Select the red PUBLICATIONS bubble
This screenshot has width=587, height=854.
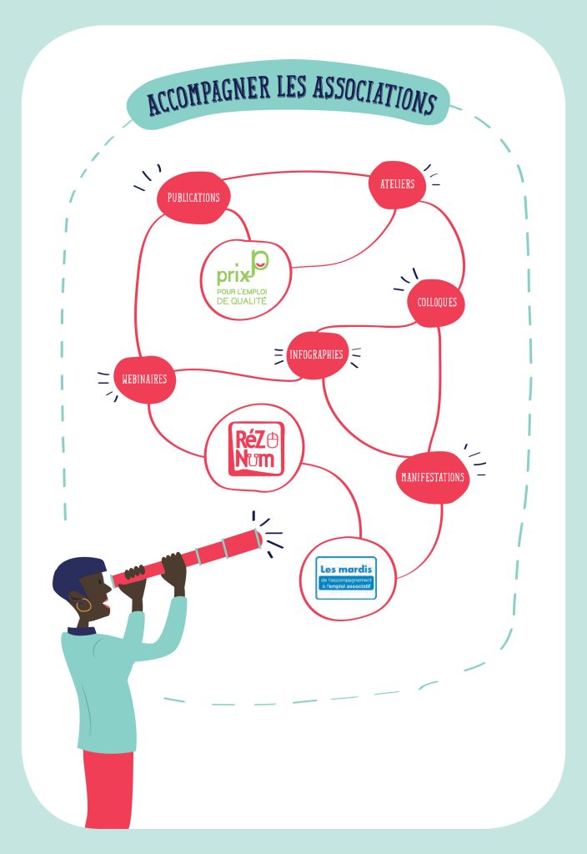(193, 198)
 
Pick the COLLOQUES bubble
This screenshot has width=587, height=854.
(437, 302)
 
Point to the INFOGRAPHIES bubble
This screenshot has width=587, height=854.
(316, 354)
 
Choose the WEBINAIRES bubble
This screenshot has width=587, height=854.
(144, 379)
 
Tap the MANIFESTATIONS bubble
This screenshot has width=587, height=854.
(432, 478)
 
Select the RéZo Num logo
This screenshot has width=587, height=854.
(256, 449)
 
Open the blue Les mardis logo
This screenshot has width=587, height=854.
(346, 577)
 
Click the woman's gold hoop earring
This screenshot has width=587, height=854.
(84, 605)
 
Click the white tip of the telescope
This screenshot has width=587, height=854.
(258, 540)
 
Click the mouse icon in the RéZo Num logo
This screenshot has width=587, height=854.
(272, 435)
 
